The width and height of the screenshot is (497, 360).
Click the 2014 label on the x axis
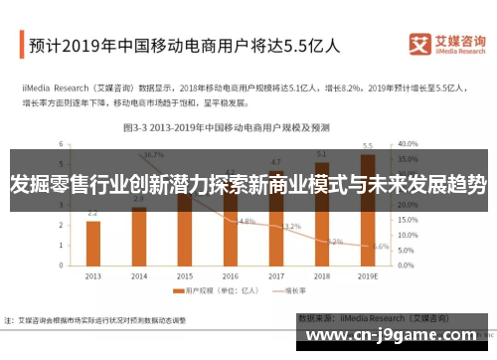(138, 275)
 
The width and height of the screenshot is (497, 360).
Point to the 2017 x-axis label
(276, 275)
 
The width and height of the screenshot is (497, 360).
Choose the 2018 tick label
(322, 275)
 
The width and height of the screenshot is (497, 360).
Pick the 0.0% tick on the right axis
(408, 265)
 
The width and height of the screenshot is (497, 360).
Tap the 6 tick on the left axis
(62, 143)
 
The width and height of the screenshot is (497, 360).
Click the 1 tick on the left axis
(62, 245)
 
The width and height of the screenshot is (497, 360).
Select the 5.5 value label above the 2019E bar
(368, 146)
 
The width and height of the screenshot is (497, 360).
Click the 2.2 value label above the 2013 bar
(92, 213)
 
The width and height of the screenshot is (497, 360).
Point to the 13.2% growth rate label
(291, 226)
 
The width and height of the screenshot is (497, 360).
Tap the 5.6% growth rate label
(381, 246)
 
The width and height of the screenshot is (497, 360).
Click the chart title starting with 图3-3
(230, 127)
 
